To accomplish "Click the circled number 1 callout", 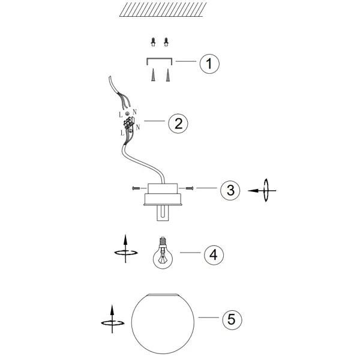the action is (x=209, y=64).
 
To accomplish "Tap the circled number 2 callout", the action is (x=178, y=123).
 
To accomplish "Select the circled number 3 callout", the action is (x=230, y=190).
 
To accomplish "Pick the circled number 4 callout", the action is (x=214, y=255).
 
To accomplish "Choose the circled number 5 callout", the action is (x=232, y=320).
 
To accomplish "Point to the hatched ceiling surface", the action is (x=163, y=10).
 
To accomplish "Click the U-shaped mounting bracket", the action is (x=160, y=59).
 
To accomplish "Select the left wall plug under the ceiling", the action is (x=153, y=42).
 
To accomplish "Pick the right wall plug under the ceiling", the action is (x=166, y=42).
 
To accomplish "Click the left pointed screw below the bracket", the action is (x=153, y=75).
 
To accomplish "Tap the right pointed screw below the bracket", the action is (x=168, y=75).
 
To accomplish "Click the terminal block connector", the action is (x=129, y=123).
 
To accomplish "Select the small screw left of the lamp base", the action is (x=136, y=188).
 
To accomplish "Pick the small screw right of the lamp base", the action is (x=190, y=188).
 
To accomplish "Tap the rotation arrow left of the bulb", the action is (x=125, y=249).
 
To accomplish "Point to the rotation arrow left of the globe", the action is (x=112, y=319).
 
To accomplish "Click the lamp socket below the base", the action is (x=163, y=213).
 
